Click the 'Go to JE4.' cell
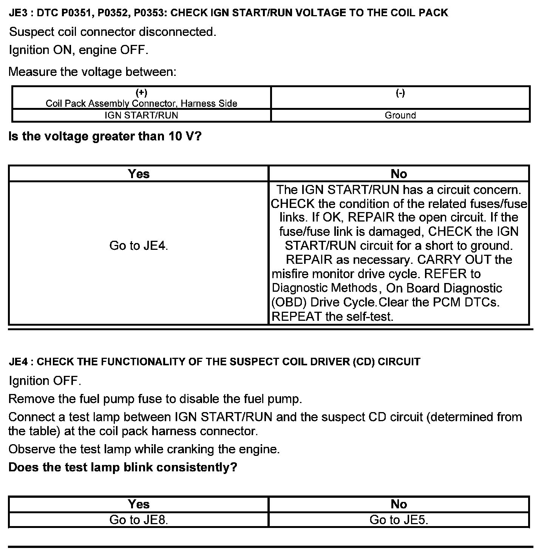click(x=138, y=246)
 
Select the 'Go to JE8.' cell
click(x=138, y=520)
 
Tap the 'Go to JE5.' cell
click(x=399, y=520)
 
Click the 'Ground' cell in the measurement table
click(x=400, y=115)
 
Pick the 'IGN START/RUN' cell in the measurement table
click(x=141, y=115)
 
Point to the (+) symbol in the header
click(x=141, y=93)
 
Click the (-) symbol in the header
click(x=400, y=93)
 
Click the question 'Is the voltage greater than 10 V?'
click(x=105, y=136)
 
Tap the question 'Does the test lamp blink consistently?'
click(x=123, y=467)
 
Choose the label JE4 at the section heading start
click(x=19, y=362)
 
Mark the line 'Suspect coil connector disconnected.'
click(x=113, y=32)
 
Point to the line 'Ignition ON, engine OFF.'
click(x=78, y=50)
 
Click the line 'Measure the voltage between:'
click(x=93, y=72)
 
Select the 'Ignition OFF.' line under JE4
click(x=45, y=380)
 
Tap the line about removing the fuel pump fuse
click(x=155, y=399)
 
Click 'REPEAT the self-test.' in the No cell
click(x=332, y=316)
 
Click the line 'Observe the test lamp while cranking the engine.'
click(x=144, y=449)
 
